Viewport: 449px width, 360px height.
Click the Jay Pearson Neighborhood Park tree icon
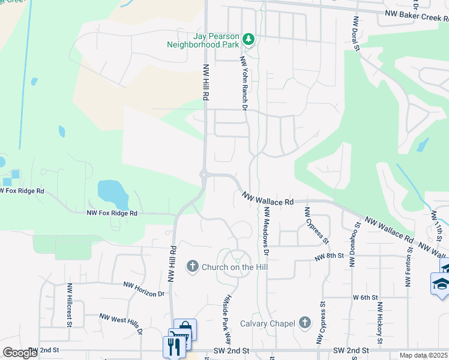coord(249,40)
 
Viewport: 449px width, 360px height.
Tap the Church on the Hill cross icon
coord(193,266)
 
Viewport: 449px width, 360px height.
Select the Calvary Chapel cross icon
coord(304,323)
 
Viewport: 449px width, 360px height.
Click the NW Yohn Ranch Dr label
coord(244,84)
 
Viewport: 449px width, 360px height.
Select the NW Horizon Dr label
coord(144,290)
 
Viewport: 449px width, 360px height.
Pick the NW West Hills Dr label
coord(121,323)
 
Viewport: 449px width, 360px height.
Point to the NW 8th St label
coord(329,256)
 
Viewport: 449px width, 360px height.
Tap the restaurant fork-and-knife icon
coord(172,346)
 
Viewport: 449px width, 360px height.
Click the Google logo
coord(20,352)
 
